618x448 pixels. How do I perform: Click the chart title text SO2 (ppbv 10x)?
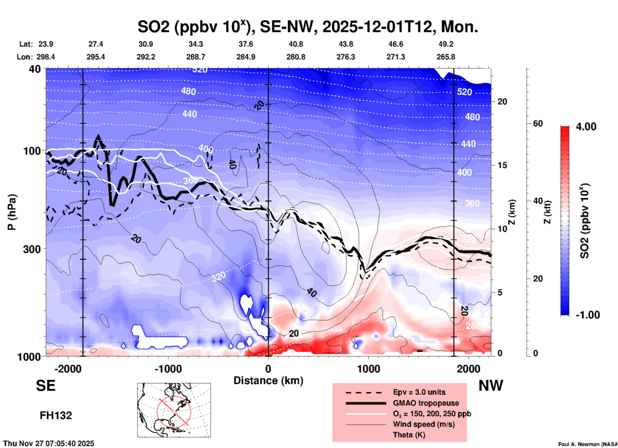192,27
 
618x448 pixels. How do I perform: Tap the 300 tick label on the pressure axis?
32,249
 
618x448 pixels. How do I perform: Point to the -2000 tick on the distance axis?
68,369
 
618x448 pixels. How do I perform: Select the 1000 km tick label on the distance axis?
368,369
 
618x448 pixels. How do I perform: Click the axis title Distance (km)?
268,381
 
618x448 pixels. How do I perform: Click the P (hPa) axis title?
12,212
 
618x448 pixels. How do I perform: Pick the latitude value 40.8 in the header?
296,44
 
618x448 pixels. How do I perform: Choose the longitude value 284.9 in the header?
246,57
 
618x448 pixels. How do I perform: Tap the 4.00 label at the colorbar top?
586,127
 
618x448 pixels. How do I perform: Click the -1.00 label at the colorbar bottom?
588,315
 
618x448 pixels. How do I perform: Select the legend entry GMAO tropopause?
426,403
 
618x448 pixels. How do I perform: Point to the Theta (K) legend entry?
409,435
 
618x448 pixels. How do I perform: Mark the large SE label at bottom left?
46,386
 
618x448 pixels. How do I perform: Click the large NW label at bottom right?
491,386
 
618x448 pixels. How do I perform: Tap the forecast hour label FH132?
56,416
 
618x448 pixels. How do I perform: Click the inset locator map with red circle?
174,410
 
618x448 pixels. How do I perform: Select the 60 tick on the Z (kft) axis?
538,124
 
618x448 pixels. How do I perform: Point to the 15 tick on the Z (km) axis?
502,165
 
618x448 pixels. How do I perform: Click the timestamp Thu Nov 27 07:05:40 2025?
49,444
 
